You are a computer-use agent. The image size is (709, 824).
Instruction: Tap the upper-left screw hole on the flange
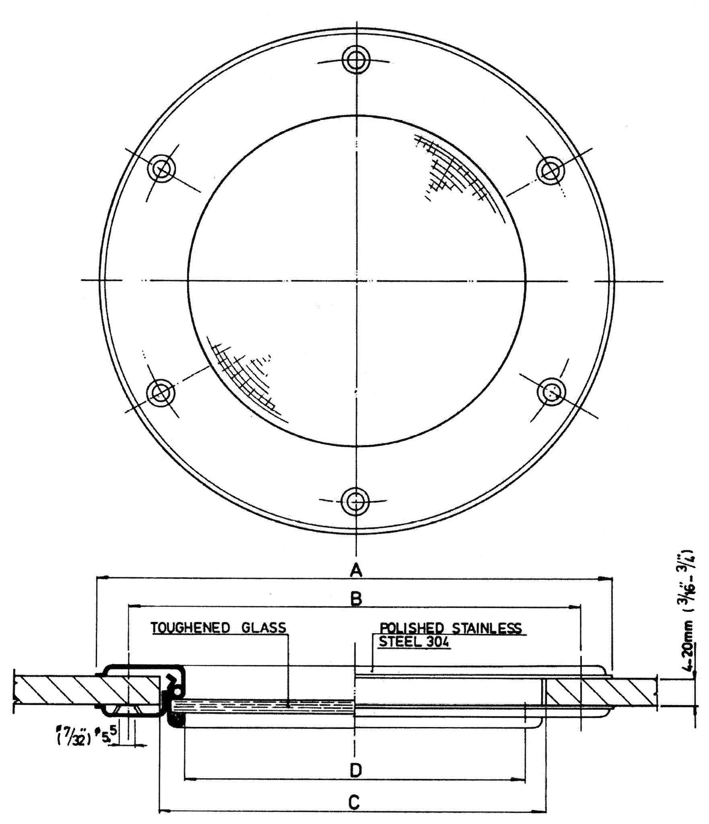[x=162, y=169]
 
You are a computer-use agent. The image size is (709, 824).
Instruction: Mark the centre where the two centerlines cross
[x=356, y=281]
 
